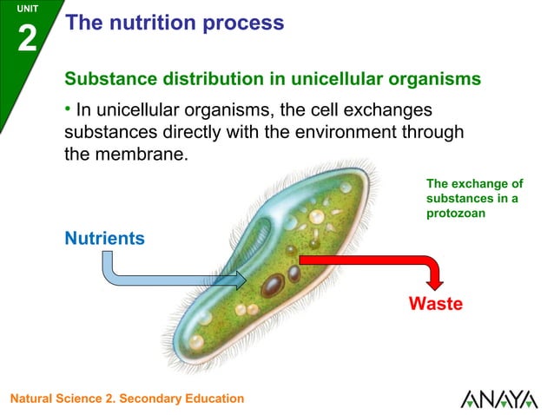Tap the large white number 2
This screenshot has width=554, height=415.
click(x=27, y=38)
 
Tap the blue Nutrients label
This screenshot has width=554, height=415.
click(x=104, y=238)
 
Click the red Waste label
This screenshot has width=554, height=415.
click(x=436, y=304)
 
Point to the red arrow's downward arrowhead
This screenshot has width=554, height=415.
click(x=434, y=282)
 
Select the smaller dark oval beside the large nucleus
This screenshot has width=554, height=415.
click(x=294, y=273)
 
